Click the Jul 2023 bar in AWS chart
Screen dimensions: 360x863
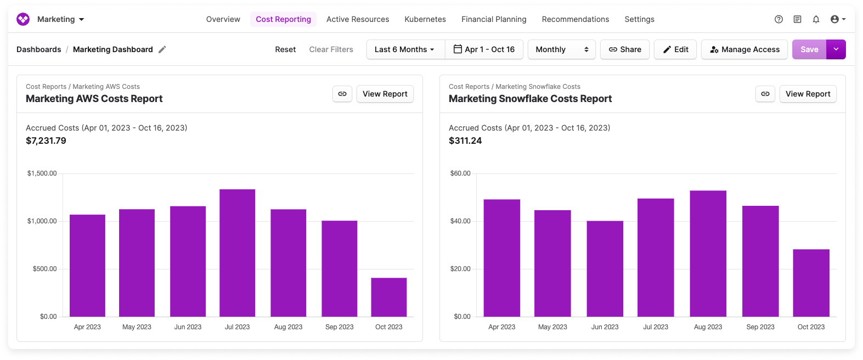[x=237, y=253]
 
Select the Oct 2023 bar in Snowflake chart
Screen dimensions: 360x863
[x=811, y=283]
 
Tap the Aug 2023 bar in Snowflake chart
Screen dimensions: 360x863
[x=708, y=254]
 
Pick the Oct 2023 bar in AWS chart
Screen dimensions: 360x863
[x=388, y=297]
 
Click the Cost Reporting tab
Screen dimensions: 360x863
[x=283, y=19]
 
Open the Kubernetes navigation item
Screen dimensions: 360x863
[x=425, y=19]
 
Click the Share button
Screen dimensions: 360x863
[x=625, y=49]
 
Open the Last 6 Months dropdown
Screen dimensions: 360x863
[x=405, y=49]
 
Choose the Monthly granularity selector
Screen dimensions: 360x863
[x=561, y=49]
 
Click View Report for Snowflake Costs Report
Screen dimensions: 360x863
[x=808, y=94]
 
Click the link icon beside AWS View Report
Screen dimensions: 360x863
[x=342, y=94]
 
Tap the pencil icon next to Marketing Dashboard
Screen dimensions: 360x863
[x=162, y=49]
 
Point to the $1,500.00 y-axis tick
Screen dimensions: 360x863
[x=42, y=173]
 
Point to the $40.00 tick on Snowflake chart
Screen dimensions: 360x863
[x=460, y=221]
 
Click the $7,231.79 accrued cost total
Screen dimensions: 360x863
[x=46, y=140]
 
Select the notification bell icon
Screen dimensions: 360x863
[x=816, y=19]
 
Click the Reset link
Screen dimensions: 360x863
[x=285, y=49]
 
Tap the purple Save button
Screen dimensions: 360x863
[x=809, y=49]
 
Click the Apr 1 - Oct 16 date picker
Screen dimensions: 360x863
[x=484, y=49]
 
